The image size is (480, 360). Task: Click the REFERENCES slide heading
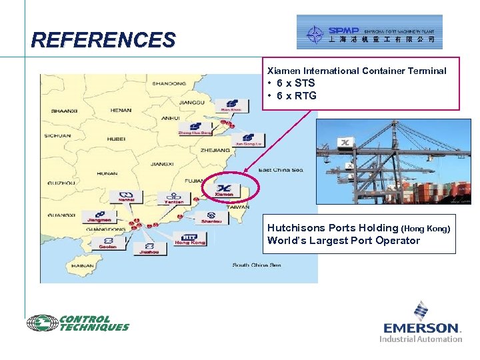(103, 41)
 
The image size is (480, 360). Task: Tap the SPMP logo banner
(369, 32)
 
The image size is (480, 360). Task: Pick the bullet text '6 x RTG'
(293, 96)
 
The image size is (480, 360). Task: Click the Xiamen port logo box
(224, 189)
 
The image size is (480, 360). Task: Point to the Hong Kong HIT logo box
(190, 238)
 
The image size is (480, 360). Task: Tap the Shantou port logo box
(213, 217)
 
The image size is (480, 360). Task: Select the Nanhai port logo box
(126, 196)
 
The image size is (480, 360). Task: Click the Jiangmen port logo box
(99, 217)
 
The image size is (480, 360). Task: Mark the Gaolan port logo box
(107, 242)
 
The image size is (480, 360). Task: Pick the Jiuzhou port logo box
(149, 248)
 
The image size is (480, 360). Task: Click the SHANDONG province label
(169, 84)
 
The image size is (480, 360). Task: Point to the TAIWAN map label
(237, 207)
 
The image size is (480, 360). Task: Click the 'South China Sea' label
(256, 265)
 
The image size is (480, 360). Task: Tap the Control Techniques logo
(78, 323)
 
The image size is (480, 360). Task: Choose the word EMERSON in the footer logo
(421, 327)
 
